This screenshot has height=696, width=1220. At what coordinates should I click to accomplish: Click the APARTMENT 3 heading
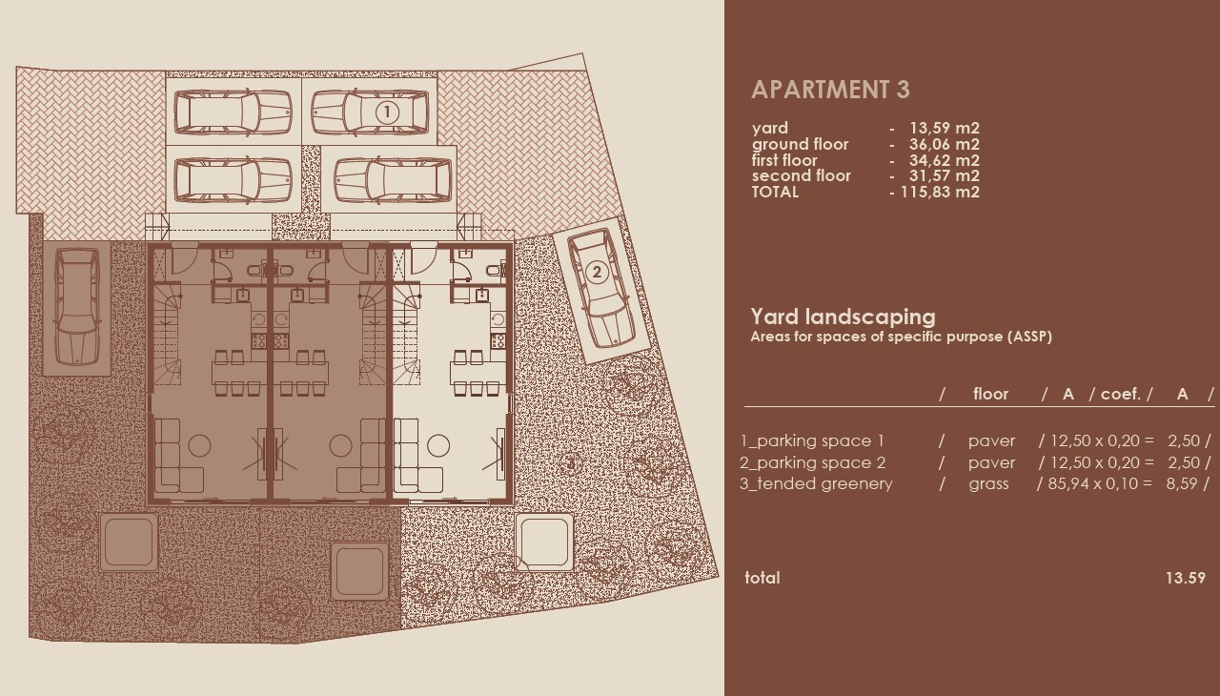(830, 90)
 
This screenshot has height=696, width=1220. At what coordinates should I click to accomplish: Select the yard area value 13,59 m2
(944, 129)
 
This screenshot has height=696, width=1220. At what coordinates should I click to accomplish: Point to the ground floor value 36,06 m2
(944, 145)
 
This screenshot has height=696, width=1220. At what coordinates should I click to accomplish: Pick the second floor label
(801, 176)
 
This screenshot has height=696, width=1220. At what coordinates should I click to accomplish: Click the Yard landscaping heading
(843, 317)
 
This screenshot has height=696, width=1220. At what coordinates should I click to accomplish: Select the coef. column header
(1121, 395)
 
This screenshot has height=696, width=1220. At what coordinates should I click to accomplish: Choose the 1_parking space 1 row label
(812, 441)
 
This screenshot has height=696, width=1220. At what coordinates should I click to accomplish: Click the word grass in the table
(988, 484)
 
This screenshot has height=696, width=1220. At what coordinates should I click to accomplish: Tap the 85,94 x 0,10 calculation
(1094, 484)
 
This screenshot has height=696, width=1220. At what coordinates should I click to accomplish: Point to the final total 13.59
(1185, 578)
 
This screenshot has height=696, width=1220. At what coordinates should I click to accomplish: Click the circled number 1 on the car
(386, 113)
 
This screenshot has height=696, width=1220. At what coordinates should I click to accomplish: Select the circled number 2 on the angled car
(597, 273)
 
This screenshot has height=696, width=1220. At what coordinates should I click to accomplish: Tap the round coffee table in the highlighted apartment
(438, 445)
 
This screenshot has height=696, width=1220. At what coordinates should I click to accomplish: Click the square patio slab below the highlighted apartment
(544, 541)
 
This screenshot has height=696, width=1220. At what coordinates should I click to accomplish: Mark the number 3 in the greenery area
(570, 464)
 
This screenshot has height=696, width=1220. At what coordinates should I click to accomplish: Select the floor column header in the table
(990, 395)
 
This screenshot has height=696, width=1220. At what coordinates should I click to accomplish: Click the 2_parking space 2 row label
(813, 463)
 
